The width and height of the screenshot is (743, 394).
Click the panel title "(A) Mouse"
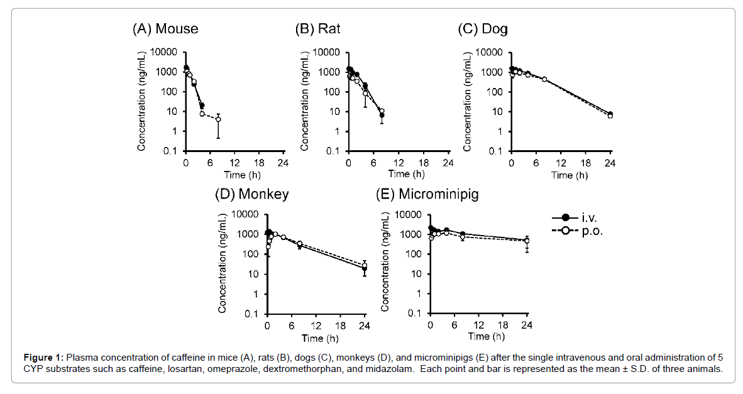(x=165, y=29)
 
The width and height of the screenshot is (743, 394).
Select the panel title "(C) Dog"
(x=483, y=29)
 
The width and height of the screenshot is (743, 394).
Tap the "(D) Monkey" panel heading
(x=252, y=194)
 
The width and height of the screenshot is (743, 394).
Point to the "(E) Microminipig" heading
(x=427, y=194)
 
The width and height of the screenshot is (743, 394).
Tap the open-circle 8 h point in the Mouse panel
(x=218, y=119)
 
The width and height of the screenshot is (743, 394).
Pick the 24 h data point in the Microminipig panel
(x=527, y=241)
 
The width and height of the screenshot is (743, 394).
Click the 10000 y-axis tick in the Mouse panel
(x=165, y=52)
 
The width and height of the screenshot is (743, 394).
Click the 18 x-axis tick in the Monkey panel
(x=340, y=326)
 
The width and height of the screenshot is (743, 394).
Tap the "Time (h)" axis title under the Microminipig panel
(x=479, y=337)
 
